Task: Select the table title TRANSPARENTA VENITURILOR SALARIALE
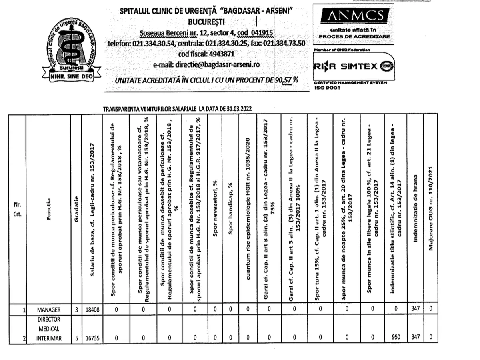(178, 108)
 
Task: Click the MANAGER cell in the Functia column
(48, 309)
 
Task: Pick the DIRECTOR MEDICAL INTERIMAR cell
(48, 329)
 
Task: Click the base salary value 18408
(92, 309)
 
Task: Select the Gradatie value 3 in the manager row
(76, 309)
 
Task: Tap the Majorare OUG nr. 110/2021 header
(430, 208)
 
